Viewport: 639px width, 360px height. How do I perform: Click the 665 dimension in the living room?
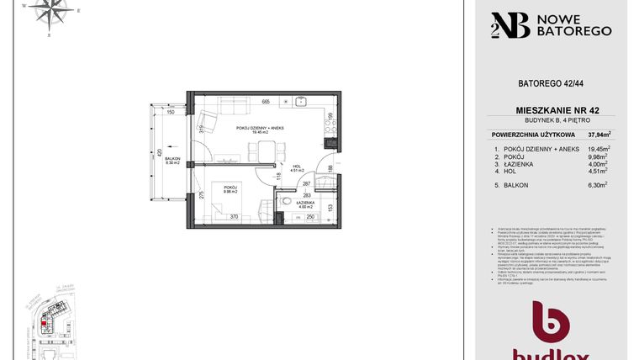[266, 102]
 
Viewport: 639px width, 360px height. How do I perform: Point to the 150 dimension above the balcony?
[170, 112]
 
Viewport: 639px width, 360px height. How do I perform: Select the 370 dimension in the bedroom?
[235, 217]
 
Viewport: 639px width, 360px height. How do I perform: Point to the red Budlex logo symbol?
[552, 324]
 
